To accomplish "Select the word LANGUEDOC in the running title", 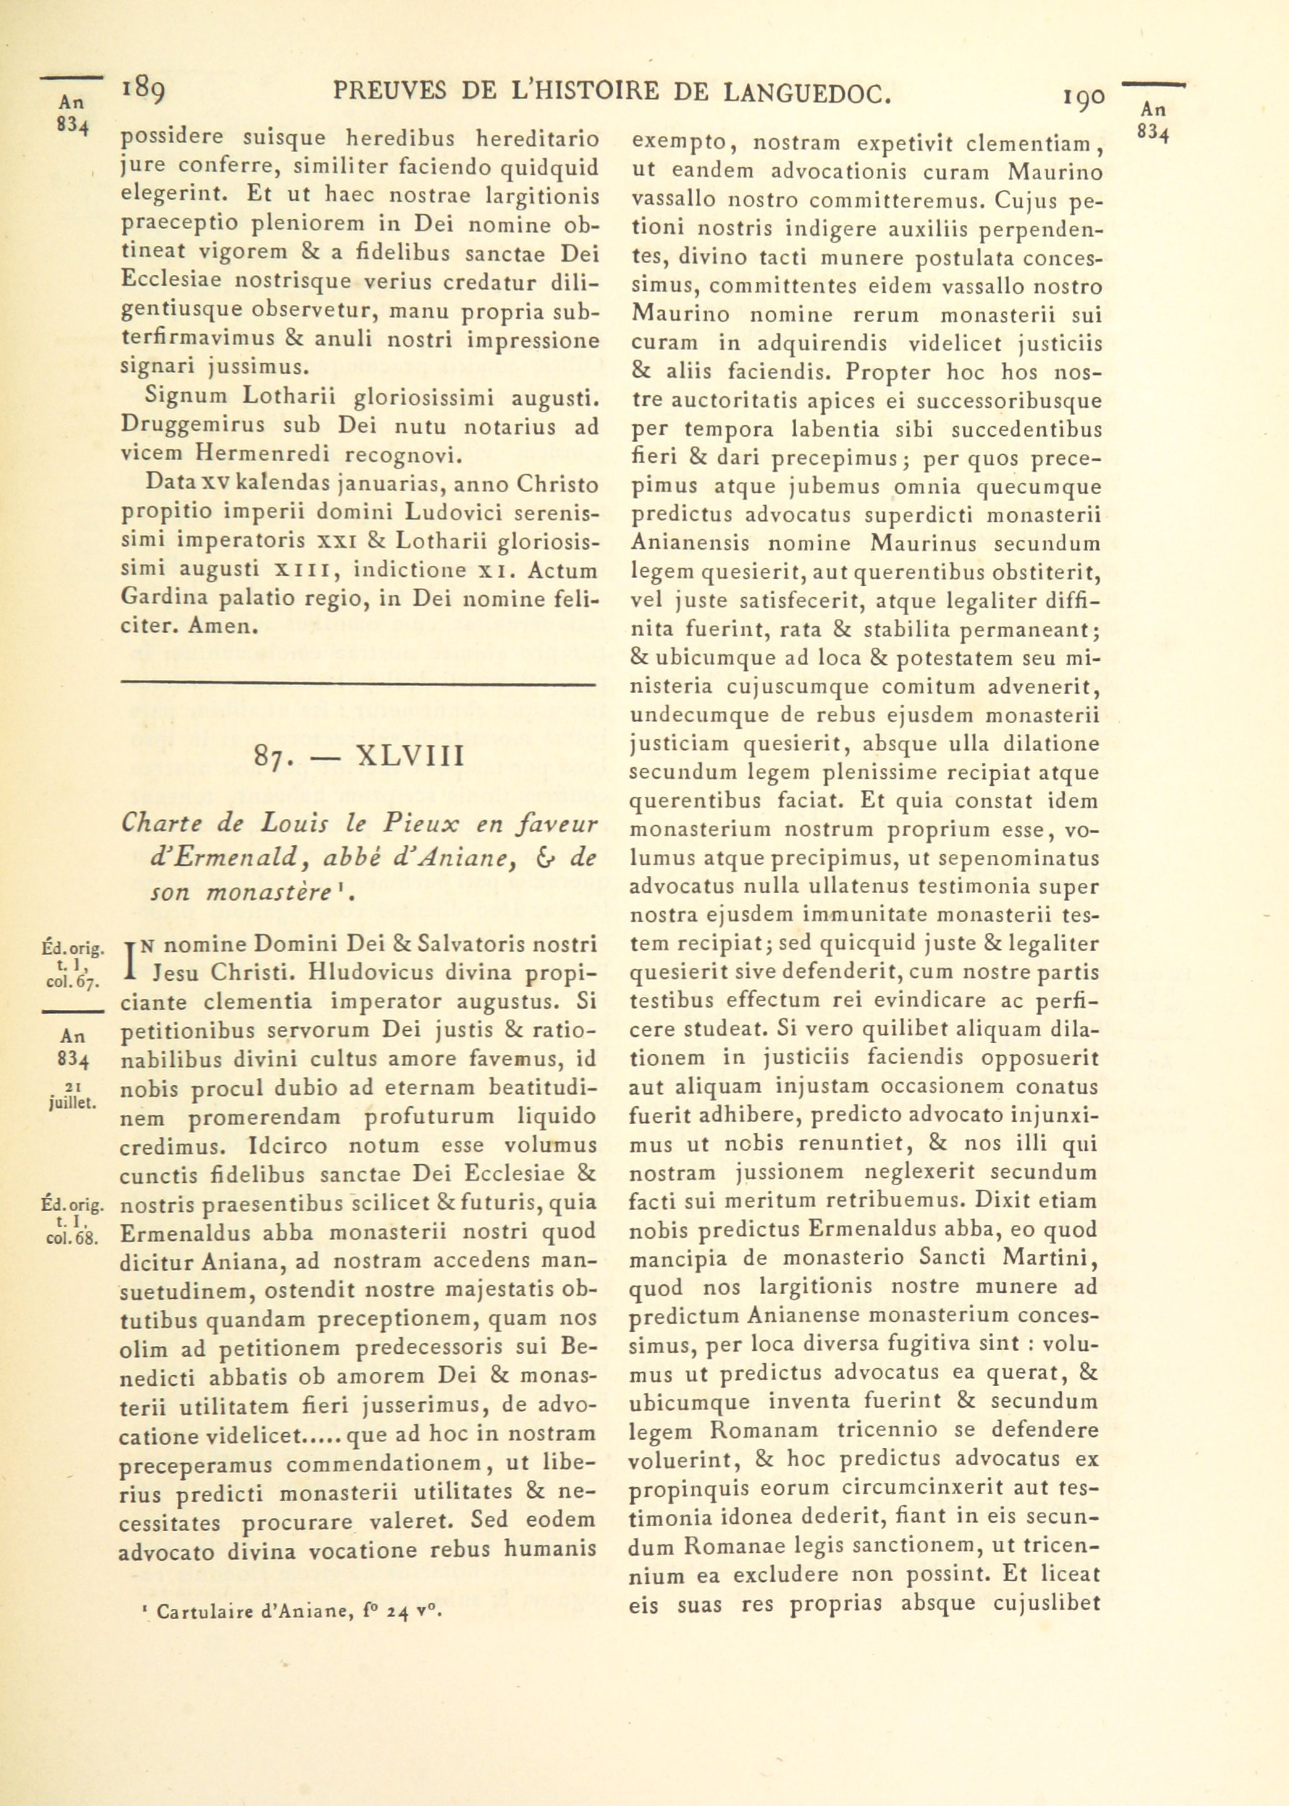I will pos(808,94).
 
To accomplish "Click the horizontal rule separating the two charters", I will pos(357,684).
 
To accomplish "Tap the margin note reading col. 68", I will pos(72,1240).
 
